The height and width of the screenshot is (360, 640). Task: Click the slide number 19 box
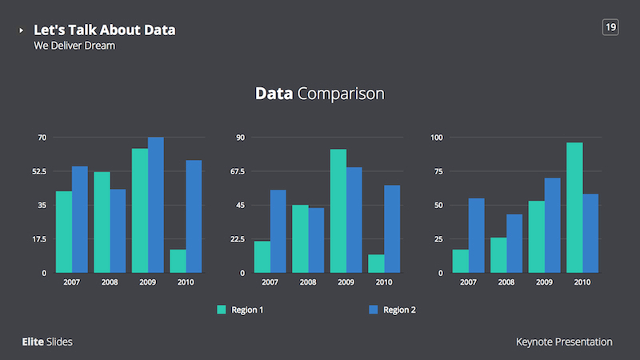(x=610, y=28)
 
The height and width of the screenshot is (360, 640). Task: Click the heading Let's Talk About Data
(x=104, y=30)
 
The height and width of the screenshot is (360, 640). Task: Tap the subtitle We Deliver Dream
(x=74, y=46)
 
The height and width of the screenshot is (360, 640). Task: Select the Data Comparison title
(x=319, y=94)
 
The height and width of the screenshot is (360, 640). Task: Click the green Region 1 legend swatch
(x=222, y=310)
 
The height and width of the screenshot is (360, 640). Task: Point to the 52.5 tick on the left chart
(x=38, y=171)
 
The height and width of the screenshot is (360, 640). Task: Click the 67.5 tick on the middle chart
(x=237, y=171)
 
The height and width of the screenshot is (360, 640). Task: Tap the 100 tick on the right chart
(x=436, y=138)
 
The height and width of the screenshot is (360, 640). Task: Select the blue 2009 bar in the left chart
(x=155, y=205)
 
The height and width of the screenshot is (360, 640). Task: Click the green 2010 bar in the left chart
(x=178, y=261)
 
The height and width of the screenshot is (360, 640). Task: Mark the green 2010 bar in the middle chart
(x=376, y=264)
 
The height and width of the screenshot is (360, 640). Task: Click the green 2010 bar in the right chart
(x=574, y=208)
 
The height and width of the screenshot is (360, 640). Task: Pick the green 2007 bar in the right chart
(x=460, y=261)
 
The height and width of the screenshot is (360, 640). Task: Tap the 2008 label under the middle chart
(x=308, y=282)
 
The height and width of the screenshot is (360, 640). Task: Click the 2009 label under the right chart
(x=544, y=282)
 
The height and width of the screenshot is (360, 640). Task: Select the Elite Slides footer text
(x=47, y=342)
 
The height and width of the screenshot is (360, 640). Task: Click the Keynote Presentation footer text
(x=564, y=342)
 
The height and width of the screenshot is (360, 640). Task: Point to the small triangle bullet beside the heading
(x=22, y=30)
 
